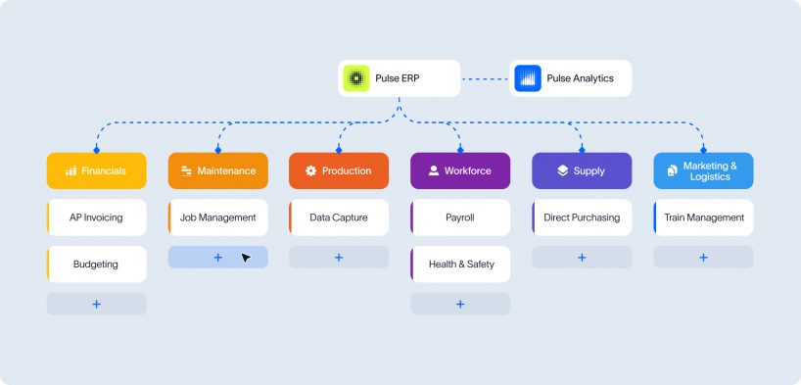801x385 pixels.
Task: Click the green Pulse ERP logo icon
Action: point(356,78)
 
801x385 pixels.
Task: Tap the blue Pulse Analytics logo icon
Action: point(528,78)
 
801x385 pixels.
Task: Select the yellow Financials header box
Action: point(97,170)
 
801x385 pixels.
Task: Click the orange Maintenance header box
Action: point(218,170)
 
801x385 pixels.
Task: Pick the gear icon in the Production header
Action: point(311,170)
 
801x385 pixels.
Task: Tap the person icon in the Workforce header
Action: point(434,170)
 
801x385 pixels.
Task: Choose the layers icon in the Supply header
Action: point(562,170)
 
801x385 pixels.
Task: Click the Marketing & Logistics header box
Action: point(703,170)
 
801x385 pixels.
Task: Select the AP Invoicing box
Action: point(97,217)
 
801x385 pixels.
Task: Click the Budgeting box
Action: point(97,265)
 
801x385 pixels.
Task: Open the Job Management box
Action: point(218,217)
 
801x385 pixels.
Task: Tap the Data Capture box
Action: point(339,217)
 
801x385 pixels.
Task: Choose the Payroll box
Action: point(460,217)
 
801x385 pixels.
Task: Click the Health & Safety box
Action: point(460,265)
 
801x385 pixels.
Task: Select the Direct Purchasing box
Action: point(582,217)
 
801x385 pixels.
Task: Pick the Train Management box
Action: point(703,217)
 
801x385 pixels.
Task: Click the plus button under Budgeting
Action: point(97,305)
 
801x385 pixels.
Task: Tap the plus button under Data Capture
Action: point(339,258)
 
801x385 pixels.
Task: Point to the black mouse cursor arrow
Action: point(245,258)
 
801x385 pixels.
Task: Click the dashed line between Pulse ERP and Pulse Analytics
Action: point(485,78)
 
